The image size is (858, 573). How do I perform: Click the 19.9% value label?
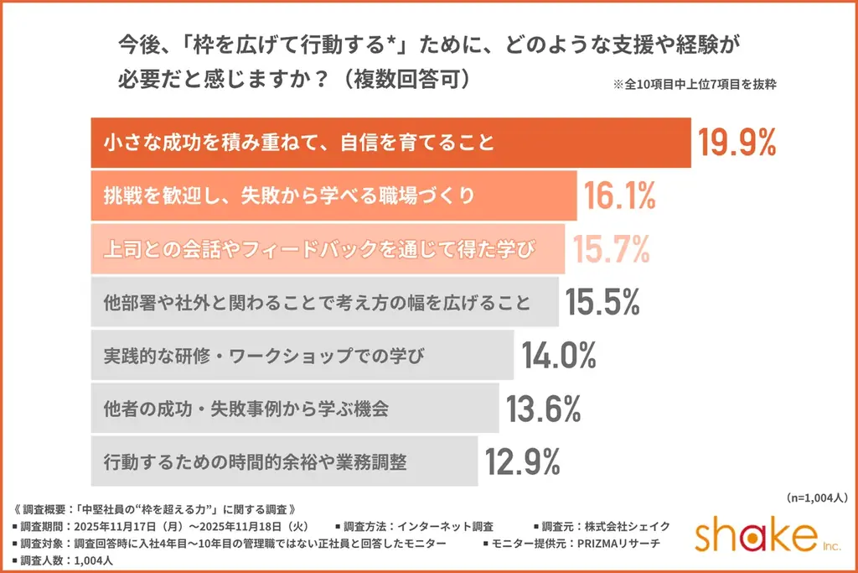(736, 143)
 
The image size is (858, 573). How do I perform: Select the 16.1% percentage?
(619, 196)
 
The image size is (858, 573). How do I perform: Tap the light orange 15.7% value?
(610, 248)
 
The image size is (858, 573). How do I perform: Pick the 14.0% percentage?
(559, 356)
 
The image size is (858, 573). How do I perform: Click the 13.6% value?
(544, 409)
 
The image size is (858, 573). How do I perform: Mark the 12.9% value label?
(523, 461)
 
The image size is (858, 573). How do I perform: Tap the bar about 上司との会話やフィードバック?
(327, 249)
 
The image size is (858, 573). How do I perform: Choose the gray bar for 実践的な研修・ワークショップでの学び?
(301, 356)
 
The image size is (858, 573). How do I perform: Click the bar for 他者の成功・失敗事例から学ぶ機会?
(293, 409)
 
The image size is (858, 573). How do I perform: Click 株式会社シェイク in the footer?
(632, 526)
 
